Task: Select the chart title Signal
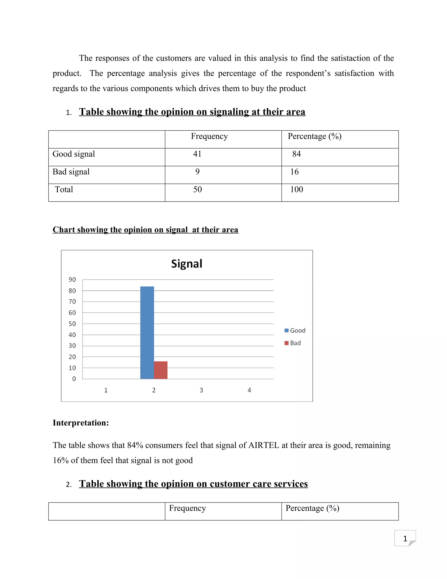click(187, 264)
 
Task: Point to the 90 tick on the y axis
click(72, 279)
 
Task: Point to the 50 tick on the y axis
click(72, 324)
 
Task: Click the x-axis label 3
click(201, 390)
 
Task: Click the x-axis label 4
click(249, 390)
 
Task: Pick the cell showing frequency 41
click(197, 154)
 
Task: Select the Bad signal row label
click(71, 172)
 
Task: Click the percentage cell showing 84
click(296, 154)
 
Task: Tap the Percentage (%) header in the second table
click(312, 508)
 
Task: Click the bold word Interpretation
click(81, 423)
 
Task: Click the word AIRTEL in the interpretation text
click(263, 445)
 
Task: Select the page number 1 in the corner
click(405, 539)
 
